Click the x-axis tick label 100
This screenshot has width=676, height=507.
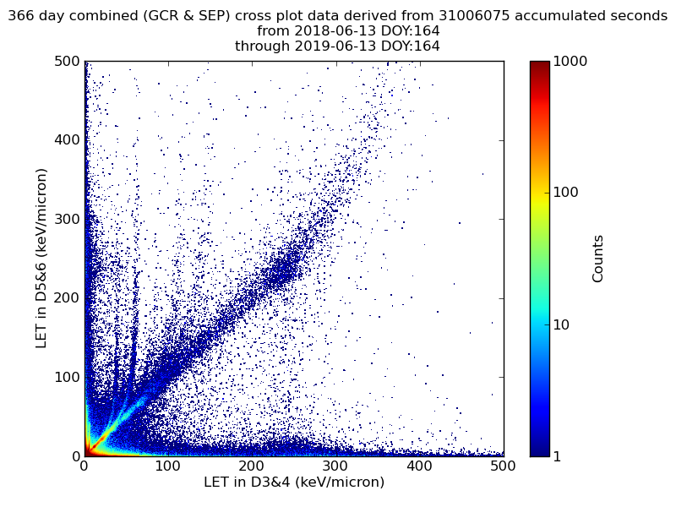(168, 466)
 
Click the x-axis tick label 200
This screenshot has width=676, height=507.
(252, 466)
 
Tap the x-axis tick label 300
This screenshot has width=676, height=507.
(335, 466)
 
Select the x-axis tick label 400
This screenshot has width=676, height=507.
(419, 466)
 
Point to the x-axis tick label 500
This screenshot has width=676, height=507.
(503, 466)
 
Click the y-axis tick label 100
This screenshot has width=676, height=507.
(67, 377)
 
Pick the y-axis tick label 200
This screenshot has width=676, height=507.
(67, 298)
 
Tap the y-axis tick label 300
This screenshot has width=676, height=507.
(67, 219)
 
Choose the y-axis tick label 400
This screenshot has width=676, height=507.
(67, 140)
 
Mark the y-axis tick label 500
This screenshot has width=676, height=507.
(67, 62)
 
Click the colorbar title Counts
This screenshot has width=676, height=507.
(598, 259)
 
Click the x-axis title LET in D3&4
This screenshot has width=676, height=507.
(294, 482)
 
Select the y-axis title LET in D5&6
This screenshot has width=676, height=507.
(41, 258)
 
